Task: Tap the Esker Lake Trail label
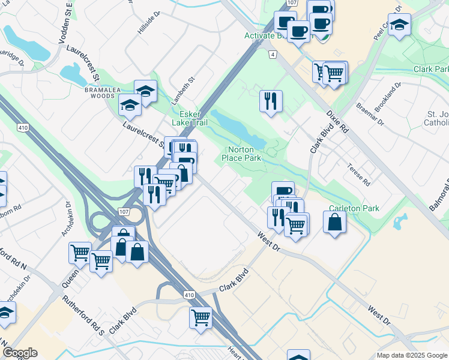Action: point(190,118)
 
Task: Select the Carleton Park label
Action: point(354,208)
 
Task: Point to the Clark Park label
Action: point(431,69)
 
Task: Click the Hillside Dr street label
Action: point(149,22)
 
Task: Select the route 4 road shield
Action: point(273,55)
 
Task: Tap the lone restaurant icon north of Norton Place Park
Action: point(271,100)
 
